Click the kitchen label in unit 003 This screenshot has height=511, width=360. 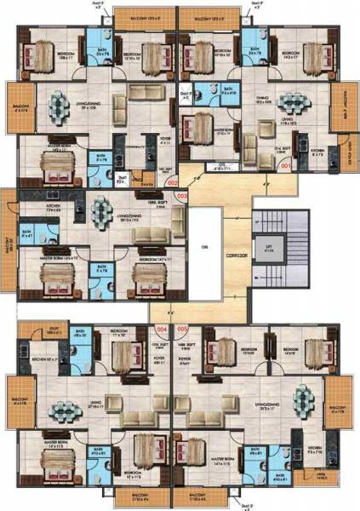click(x=32, y=208)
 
